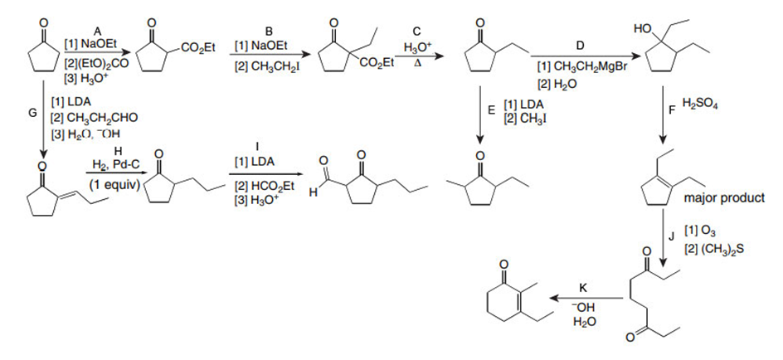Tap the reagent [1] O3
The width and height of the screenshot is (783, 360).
tap(695, 229)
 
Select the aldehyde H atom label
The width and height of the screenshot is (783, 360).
tap(312, 194)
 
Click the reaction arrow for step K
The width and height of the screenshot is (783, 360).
tap(588, 297)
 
